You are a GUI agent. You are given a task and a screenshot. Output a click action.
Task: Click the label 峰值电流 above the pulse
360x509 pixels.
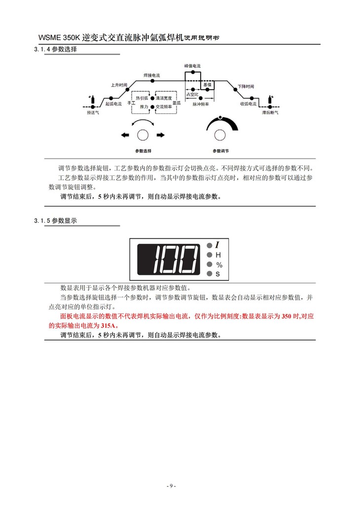(x=192, y=66)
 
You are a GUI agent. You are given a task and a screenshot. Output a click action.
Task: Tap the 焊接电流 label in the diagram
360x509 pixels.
(x=151, y=75)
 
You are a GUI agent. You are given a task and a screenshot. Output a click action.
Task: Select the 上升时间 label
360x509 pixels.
(x=119, y=85)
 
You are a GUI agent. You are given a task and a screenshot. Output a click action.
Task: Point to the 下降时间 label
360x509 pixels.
(x=245, y=86)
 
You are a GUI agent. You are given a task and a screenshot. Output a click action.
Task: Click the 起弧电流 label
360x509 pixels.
(x=113, y=104)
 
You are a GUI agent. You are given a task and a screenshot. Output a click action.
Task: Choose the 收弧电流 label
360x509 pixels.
(x=248, y=104)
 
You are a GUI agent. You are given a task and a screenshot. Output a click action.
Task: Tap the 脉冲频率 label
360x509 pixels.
(x=200, y=104)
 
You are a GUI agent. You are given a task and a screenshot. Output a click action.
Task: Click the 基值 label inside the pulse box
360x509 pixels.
(x=207, y=85)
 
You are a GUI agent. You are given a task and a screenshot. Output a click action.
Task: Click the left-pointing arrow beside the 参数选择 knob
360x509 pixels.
(x=125, y=135)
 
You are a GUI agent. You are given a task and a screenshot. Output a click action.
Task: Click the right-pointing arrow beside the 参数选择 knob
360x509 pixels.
(x=160, y=135)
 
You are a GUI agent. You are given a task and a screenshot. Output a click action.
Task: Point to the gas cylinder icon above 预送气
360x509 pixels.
(x=90, y=99)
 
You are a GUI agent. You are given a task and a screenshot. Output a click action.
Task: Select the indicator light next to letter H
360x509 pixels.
(x=210, y=255)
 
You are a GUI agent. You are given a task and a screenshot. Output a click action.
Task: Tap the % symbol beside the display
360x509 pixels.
(x=219, y=265)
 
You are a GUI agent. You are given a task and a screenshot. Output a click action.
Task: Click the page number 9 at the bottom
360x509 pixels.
(x=171, y=486)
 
